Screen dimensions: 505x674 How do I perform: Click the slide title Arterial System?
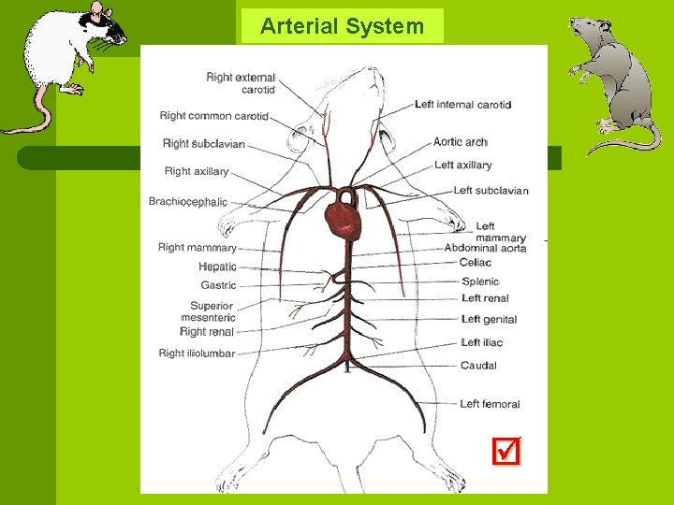[x=342, y=26]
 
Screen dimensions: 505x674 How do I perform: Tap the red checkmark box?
[x=505, y=453]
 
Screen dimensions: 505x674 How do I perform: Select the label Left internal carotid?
[x=462, y=105]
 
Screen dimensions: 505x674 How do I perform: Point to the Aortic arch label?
[x=460, y=142]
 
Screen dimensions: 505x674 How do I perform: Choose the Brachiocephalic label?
[x=187, y=202]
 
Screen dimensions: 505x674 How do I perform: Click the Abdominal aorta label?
[x=485, y=248]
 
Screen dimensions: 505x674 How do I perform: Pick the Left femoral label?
[x=489, y=404]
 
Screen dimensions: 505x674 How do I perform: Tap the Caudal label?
[x=478, y=366]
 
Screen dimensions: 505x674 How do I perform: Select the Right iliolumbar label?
[x=197, y=353]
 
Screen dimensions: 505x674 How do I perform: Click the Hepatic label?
[x=217, y=267]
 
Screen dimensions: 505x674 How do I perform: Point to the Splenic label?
[x=480, y=281]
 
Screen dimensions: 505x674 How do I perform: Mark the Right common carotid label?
[x=213, y=116]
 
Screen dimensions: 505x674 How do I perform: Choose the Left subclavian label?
[x=491, y=191]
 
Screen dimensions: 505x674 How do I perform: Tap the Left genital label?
[x=489, y=320]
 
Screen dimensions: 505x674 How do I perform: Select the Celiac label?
[x=475, y=263]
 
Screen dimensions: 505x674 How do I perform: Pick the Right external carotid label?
[x=241, y=83]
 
